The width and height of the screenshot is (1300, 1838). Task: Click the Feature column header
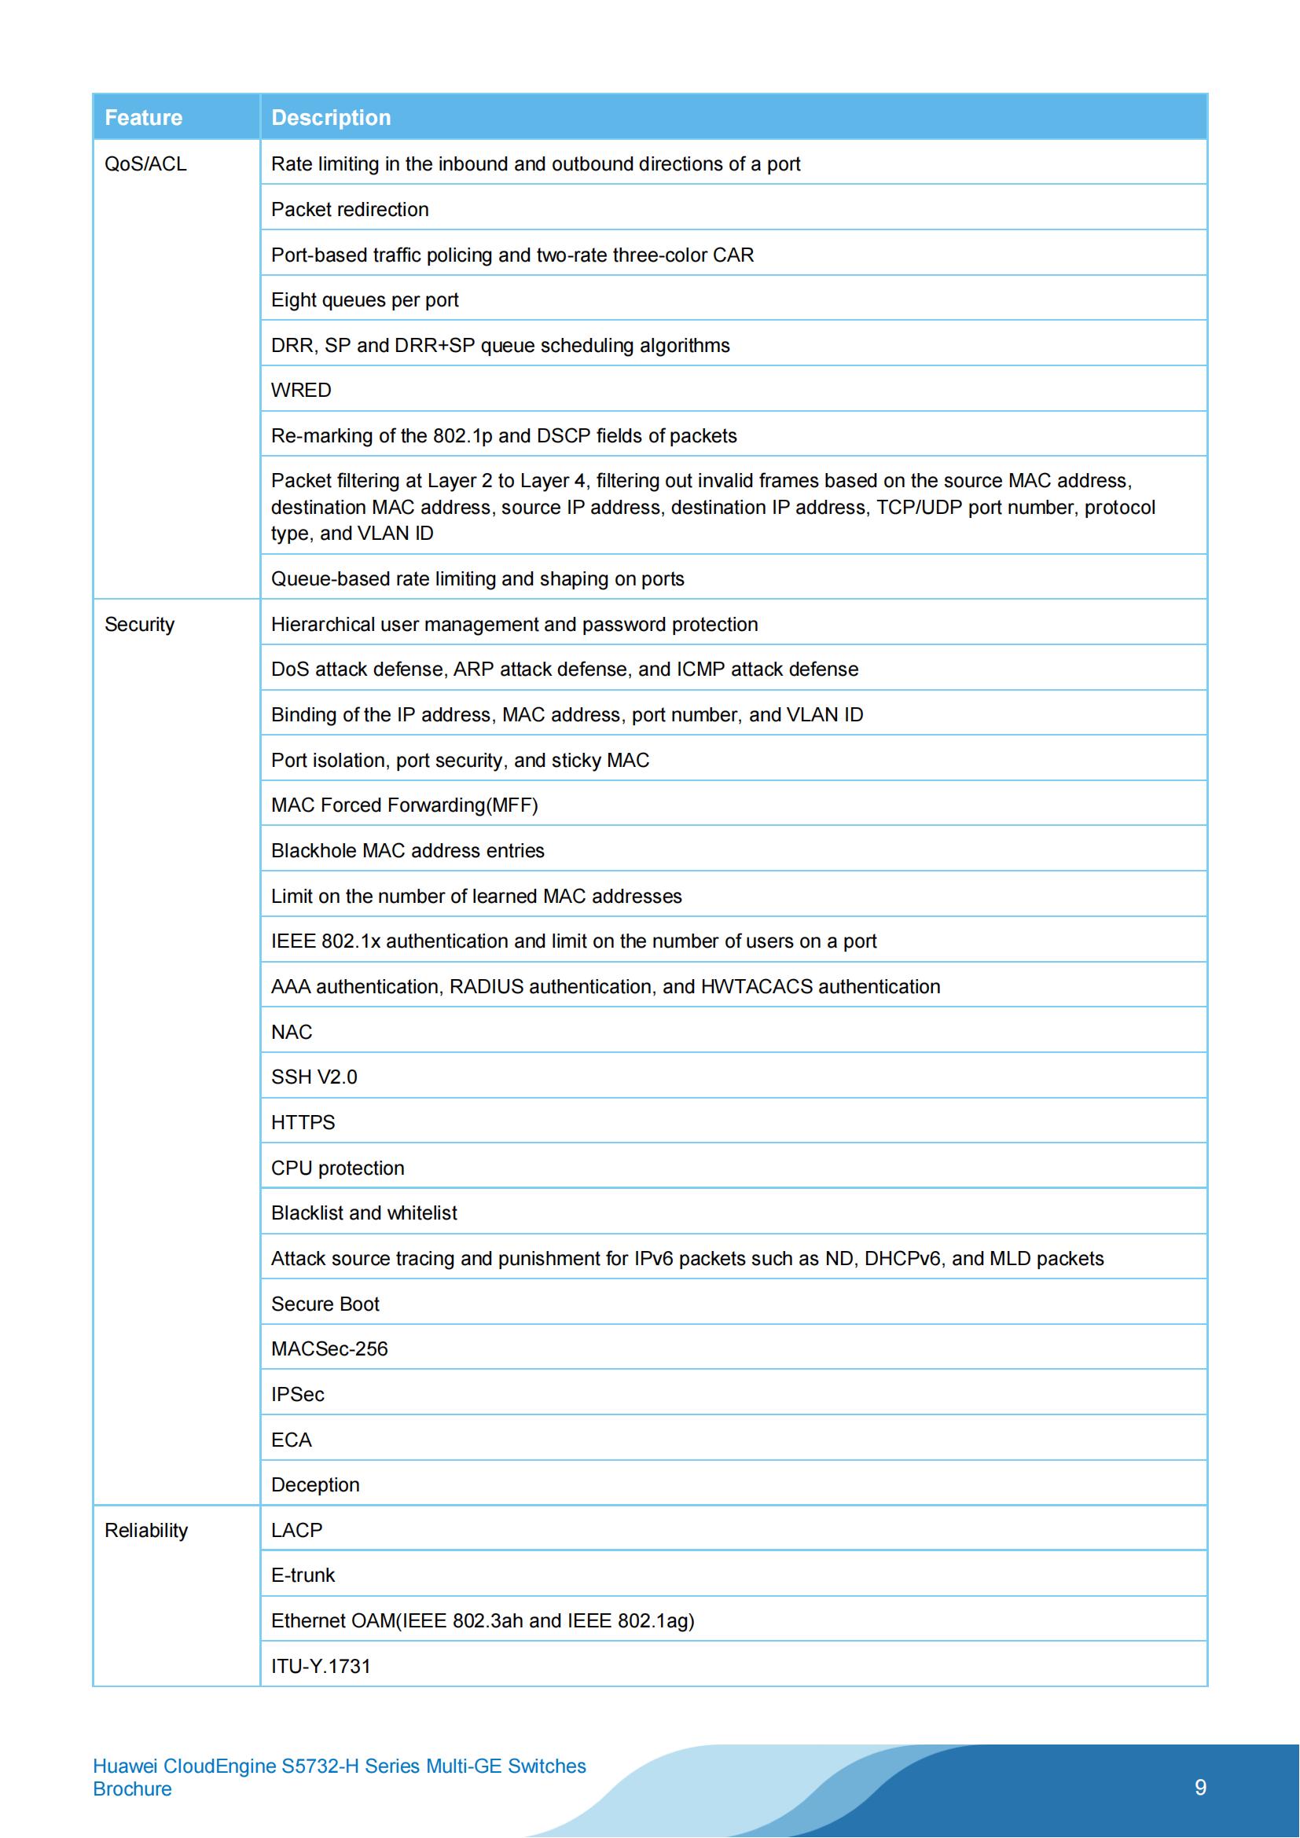pos(143,118)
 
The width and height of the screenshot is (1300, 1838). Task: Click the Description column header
pos(331,118)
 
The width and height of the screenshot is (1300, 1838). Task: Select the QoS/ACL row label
pos(145,164)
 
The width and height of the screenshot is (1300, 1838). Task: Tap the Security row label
pos(139,625)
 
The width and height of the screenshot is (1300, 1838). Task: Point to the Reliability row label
pos(145,1531)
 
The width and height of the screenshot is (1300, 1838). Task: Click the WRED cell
pos(301,391)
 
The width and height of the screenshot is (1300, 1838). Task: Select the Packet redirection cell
pos(350,210)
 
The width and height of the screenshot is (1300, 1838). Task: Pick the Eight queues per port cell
pos(364,300)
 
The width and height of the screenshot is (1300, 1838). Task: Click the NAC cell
pos(292,1032)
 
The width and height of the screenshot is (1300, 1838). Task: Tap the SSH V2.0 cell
pos(314,1077)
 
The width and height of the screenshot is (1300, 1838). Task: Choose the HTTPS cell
pos(303,1122)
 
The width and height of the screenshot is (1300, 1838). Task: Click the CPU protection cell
pos(337,1168)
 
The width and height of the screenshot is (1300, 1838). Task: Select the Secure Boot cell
pos(325,1304)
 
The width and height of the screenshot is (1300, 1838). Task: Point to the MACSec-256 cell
pos(329,1349)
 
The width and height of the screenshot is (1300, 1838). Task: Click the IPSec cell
pos(297,1395)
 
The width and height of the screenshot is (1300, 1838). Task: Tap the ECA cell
pos(291,1440)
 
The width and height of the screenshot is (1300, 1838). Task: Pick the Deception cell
pos(314,1485)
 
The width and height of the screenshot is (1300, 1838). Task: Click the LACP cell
pos(296,1531)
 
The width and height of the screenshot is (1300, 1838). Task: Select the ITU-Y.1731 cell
pos(320,1667)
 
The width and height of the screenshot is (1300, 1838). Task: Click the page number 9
pos(1200,1788)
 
